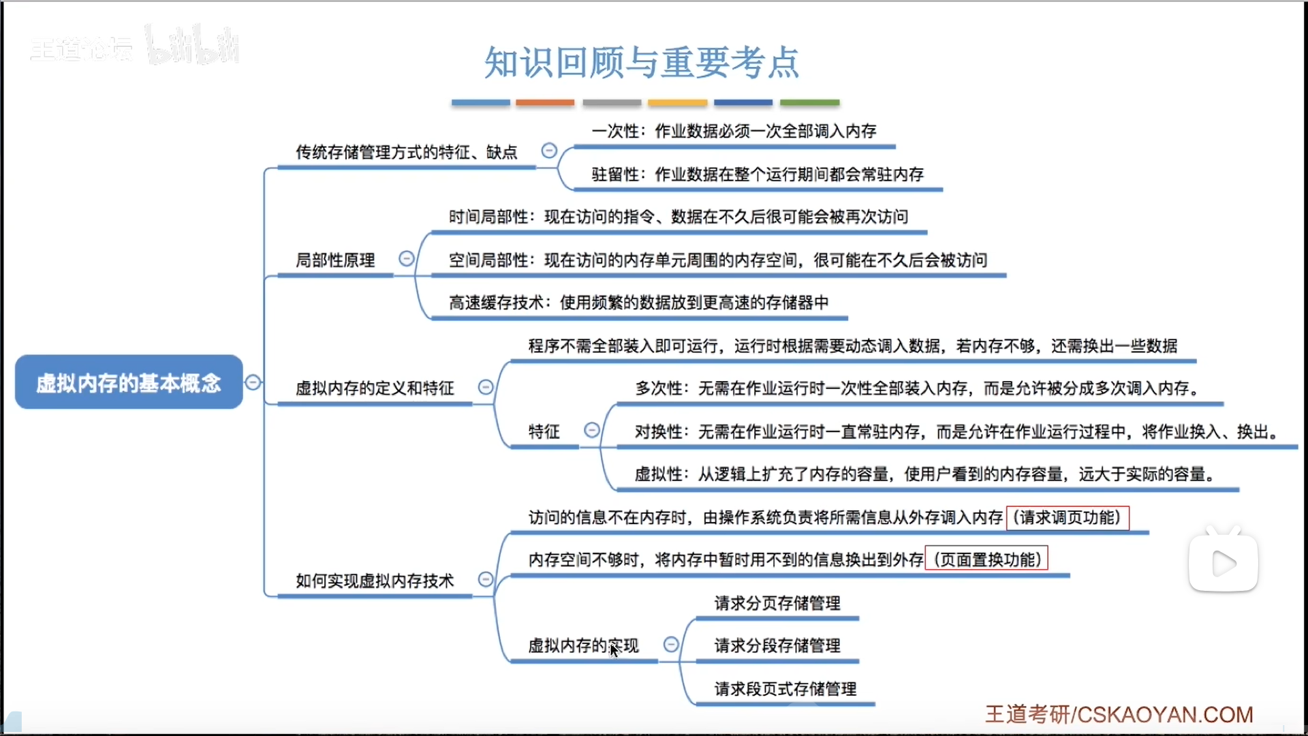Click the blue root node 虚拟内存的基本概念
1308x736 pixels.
coord(129,382)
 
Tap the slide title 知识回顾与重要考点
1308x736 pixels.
coord(641,62)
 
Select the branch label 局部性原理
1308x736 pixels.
coord(335,260)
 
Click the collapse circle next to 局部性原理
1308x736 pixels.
coord(407,259)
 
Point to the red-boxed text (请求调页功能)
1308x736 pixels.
coord(1067,518)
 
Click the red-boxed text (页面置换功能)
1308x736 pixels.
coord(986,559)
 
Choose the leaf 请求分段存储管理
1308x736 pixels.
coord(777,645)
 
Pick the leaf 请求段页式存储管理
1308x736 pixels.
coord(785,689)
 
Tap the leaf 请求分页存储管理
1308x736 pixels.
coord(777,603)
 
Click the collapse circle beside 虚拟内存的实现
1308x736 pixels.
coord(671,645)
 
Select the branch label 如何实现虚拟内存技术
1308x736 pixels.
coord(375,581)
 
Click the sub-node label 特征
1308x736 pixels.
coord(544,431)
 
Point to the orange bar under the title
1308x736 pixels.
coord(545,103)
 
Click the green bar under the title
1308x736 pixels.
coord(809,103)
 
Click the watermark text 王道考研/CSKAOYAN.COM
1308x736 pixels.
coord(1119,714)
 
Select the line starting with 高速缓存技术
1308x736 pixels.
coord(638,303)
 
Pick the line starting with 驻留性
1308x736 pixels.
coord(758,174)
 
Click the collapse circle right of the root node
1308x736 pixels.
coord(253,382)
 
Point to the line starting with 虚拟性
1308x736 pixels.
coord(924,474)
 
